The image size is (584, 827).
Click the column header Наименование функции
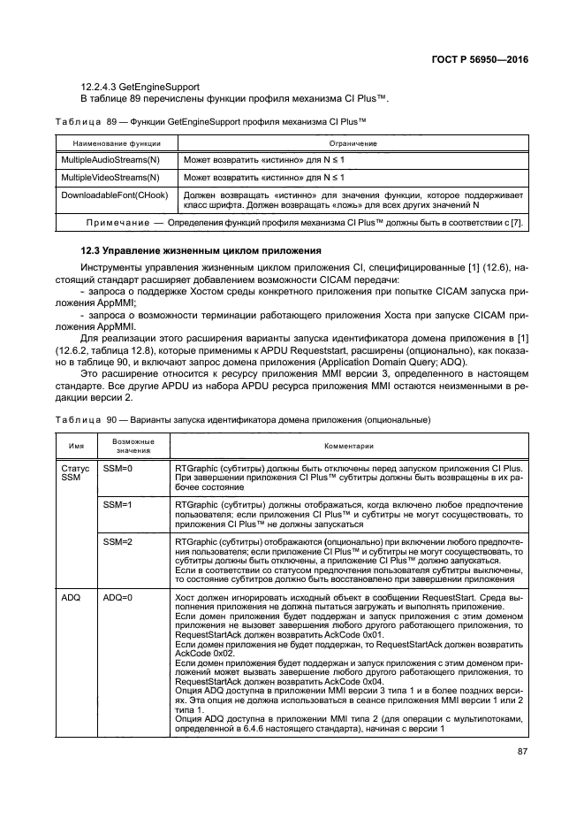[110, 142]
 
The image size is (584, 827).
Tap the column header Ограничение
[353, 142]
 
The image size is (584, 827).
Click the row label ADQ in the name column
[72, 599]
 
